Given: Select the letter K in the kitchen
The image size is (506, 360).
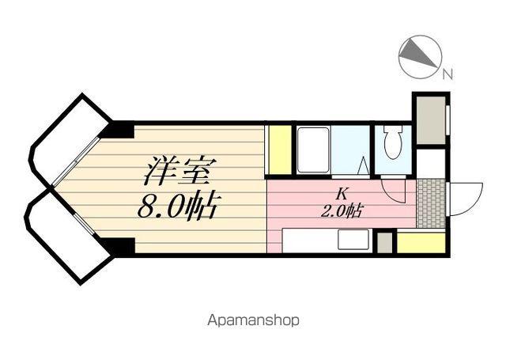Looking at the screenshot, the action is pyautogui.click(x=342, y=194).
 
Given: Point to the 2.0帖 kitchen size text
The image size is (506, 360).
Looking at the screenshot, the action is pyautogui.click(x=342, y=210).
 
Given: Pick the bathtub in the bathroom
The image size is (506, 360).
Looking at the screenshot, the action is pyautogui.click(x=313, y=150).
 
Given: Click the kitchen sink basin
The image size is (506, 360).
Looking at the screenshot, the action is pyautogui.click(x=353, y=239).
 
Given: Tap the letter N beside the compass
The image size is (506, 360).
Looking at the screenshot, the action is pyautogui.click(x=447, y=74).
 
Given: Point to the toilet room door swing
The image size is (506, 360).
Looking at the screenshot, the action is pyautogui.click(x=393, y=191).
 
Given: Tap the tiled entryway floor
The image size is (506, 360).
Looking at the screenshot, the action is pyautogui.click(x=431, y=203).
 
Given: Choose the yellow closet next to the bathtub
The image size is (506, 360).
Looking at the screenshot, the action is pyautogui.click(x=280, y=150).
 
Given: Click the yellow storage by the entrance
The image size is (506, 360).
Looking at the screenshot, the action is pyautogui.click(x=421, y=243).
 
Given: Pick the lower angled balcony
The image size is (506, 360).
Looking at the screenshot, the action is pyautogui.click(x=68, y=237).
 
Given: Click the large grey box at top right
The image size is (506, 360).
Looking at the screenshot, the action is pyautogui.click(x=431, y=120).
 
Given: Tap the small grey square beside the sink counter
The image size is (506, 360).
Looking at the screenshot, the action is pyautogui.click(x=385, y=243).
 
